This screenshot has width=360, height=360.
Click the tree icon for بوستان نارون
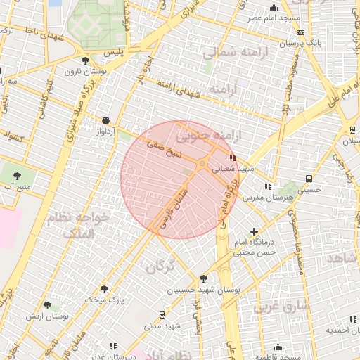click(85, 61)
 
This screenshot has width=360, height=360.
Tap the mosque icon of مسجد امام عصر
click(274, 7)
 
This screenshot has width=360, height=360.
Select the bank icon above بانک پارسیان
click(301, 32)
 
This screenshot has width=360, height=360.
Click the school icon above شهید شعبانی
click(233, 158)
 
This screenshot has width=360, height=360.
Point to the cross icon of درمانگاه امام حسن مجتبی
click(254, 231)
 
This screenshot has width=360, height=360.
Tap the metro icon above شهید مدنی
click(162, 315)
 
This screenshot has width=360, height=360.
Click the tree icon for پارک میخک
click(104, 289)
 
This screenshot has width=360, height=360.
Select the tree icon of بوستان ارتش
click(47, 306)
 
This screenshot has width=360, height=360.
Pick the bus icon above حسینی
click(309, 179)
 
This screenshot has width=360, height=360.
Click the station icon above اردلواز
click(105, 120)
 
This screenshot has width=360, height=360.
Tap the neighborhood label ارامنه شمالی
click(228, 53)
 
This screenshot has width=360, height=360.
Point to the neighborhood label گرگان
click(159, 267)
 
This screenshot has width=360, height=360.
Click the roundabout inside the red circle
click(202, 164)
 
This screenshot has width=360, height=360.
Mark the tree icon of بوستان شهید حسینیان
click(204, 278)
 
